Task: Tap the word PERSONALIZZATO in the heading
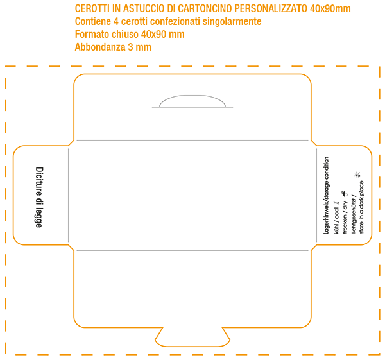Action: pyautogui.click(x=271, y=8)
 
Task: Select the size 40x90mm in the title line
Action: pyautogui.click(x=330, y=8)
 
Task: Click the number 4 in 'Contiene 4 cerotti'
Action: pyautogui.click(x=116, y=22)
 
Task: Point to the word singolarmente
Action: pyautogui.click(x=232, y=22)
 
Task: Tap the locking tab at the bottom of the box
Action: pyautogui.click(x=193, y=337)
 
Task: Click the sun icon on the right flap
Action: pyautogui.click(x=357, y=175)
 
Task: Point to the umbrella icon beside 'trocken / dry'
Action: pyautogui.click(x=345, y=194)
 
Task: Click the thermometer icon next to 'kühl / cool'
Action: pyautogui.click(x=337, y=203)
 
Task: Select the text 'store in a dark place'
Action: pyautogui.click(x=361, y=207)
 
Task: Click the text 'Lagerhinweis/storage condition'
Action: pyautogui.click(x=327, y=195)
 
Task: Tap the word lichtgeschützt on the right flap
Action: pyautogui.click(x=354, y=216)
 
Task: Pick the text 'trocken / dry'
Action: pyautogui.click(x=345, y=218)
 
